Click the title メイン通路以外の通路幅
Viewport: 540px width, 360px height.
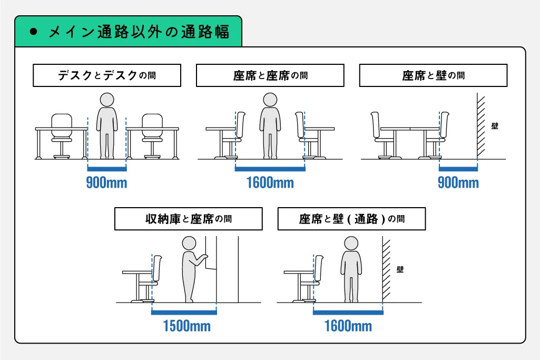pos(139,32)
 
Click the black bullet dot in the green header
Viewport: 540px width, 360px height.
pos(33,32)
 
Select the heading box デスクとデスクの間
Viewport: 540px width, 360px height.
pos(107,75)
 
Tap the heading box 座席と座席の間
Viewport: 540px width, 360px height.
pos(270,75)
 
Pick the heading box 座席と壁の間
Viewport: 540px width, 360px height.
pos(433,75)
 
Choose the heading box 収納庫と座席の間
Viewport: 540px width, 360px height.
pos(189,219)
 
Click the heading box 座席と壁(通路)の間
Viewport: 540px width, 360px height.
pos(351,219)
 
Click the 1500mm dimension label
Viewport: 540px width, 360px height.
pos(186,326)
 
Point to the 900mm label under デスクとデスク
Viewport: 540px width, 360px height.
pos(106,182)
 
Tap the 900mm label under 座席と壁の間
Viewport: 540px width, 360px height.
pos(458,182)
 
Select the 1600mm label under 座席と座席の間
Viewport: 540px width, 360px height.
pos(270,182)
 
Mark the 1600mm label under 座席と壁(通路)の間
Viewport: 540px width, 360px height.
pos(348,326)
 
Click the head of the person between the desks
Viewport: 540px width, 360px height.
pos(107,100)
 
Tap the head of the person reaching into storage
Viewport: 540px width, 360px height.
pos(189,243)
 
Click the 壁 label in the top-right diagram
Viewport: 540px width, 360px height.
pos(495,126)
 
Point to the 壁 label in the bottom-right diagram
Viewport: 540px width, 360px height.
pos(400,269)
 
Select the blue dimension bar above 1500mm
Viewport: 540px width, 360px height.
pos(184,312)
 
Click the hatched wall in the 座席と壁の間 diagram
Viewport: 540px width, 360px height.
pos(481,126)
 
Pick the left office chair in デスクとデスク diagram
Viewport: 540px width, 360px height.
pos(62,136)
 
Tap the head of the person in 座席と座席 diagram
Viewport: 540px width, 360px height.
pos(270,100)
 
